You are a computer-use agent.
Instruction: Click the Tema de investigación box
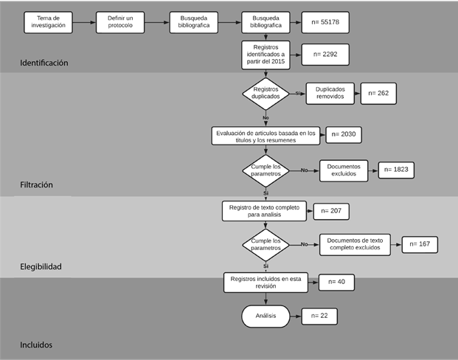(48, 22)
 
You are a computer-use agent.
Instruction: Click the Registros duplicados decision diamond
(266, 93)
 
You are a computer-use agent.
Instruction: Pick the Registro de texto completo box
(263, 211)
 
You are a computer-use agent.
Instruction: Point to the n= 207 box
(330, 211)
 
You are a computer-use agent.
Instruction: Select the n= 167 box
(419, 244)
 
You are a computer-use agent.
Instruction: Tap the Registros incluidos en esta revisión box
(263, 282)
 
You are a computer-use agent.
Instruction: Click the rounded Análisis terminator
(266, 316)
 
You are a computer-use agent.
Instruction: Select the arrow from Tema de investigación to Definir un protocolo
(84, 22)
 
